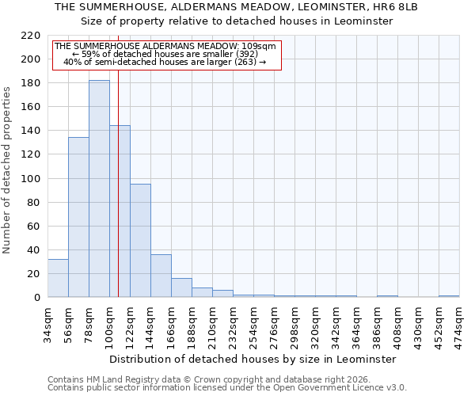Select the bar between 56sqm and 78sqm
click(x=78, y=217)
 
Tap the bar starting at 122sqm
click(x=140, y=241)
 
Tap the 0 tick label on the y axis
click(x=36, y=298)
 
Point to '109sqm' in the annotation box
click(x=260, y=46)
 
